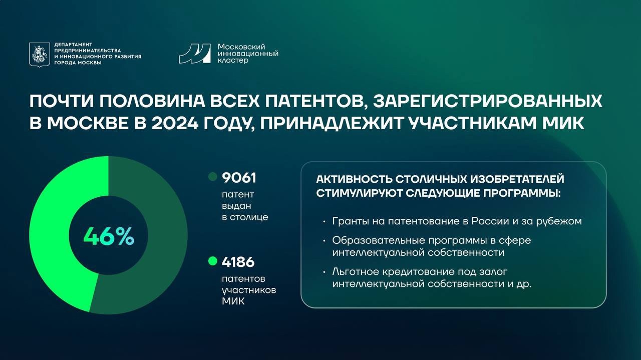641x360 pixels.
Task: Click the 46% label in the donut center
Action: click(109, 236)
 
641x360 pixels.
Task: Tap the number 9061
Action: click(239, 178)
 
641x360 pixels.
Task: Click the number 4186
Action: click(238, 262)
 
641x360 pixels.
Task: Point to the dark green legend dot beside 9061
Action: click(213, 177)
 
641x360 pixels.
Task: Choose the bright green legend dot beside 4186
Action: click(213, 261)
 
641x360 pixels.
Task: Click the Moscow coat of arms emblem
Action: click(40, 55)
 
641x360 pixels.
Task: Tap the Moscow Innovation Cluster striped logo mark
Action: click(195, 54)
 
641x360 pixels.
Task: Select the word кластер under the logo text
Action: click(233, 61)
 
